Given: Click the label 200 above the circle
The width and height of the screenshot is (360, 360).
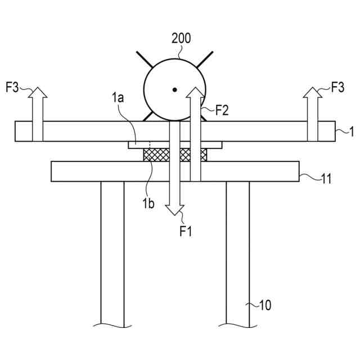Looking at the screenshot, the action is pos(181,39).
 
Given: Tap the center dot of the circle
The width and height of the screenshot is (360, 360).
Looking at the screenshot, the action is pos(175,89).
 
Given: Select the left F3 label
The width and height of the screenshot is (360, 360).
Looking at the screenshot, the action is pos(12,87).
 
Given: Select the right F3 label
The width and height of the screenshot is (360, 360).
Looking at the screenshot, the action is pos(337,87).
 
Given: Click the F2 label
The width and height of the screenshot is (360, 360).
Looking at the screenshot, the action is pos(222,110).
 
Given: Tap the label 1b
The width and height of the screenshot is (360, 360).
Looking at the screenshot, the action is pos(147,203).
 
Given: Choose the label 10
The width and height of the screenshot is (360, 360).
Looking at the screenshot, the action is pos(264,305).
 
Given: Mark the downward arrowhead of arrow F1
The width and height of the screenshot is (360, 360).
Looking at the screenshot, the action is pos(175,208).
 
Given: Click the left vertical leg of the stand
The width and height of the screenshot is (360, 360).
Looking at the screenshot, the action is pos(112,253).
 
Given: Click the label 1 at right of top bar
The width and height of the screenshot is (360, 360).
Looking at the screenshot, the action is pos(351,132).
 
